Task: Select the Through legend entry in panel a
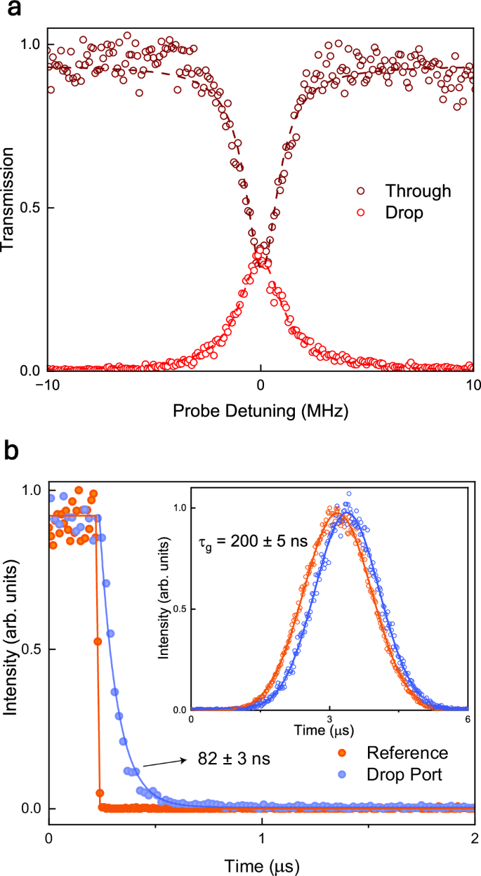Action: click(413, 190)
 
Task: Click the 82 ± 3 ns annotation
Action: click(224, 759)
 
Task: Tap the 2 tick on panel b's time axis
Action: click(475, 839)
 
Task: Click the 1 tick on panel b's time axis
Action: click(261, 839)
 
